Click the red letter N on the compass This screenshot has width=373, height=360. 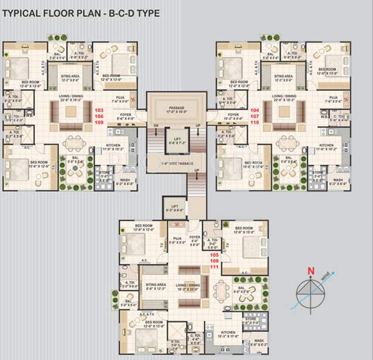click(x=310, y=270)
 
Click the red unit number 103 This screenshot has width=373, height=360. click(x=99, y=109)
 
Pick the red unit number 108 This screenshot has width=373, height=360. click(x=215, y=261)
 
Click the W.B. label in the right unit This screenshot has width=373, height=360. click(x=325, y=118)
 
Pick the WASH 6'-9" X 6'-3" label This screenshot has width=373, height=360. click(x=259, y=343)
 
